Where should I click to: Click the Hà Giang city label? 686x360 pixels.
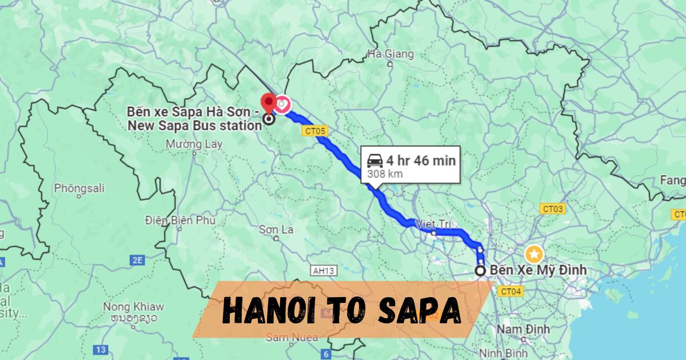click(x=390, y=54)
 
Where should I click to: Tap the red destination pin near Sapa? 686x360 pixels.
click(x=268, y=103)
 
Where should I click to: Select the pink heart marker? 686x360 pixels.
click(x=282, y=104)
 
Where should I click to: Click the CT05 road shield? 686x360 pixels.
click(x=314, y=131)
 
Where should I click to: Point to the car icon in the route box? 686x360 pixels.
click(x=375, y=161)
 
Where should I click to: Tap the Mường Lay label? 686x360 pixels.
click(x=194, y=145)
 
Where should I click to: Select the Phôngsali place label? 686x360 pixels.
click(x=77, y=188)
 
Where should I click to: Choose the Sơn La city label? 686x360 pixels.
click(x=276, y=230)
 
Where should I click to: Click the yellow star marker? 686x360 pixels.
click(x=533, y=252)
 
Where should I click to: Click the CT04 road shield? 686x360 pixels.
click(x=510, y=291)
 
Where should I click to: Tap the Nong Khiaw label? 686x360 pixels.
click(x=133, y=307)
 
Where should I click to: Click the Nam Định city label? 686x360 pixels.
click(x=523, y=329)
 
